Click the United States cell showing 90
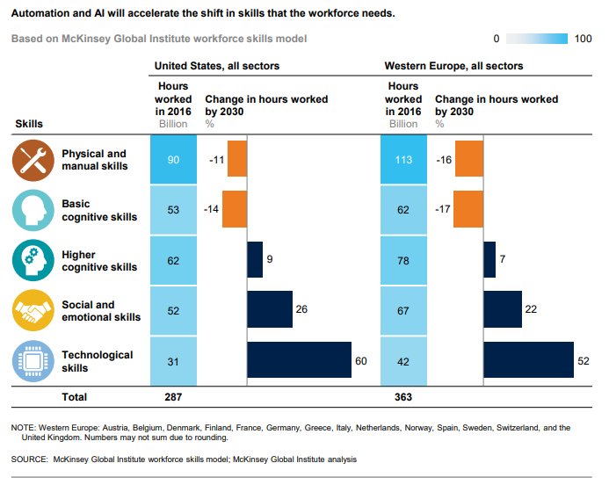pos(173,160)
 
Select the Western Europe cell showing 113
pos(403,160)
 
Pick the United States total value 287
pos(173,397)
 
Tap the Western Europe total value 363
pos(403,397)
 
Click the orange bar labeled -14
pos(235,210)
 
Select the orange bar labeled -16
pos(468,160)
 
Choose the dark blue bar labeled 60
pos(299,360)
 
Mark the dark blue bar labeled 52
pos(528,360)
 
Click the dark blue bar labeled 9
pos(255,260)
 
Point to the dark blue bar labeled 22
pos(502,309)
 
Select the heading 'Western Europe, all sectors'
pos(453,66)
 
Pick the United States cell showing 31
pos(173,360)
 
